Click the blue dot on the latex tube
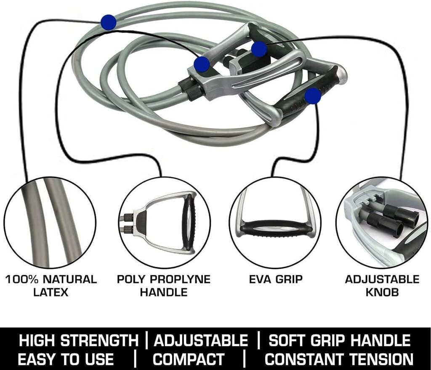pos(108,22)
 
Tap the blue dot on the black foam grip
pos(313,96)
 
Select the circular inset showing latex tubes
pos(50,222)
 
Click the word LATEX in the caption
pos(51,292)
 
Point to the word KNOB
pos(382,292)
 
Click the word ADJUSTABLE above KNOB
pos(382,279)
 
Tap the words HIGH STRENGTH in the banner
pos(79,340)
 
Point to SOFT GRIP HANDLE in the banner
pos(339,340)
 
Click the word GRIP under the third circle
pos(289,279)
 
